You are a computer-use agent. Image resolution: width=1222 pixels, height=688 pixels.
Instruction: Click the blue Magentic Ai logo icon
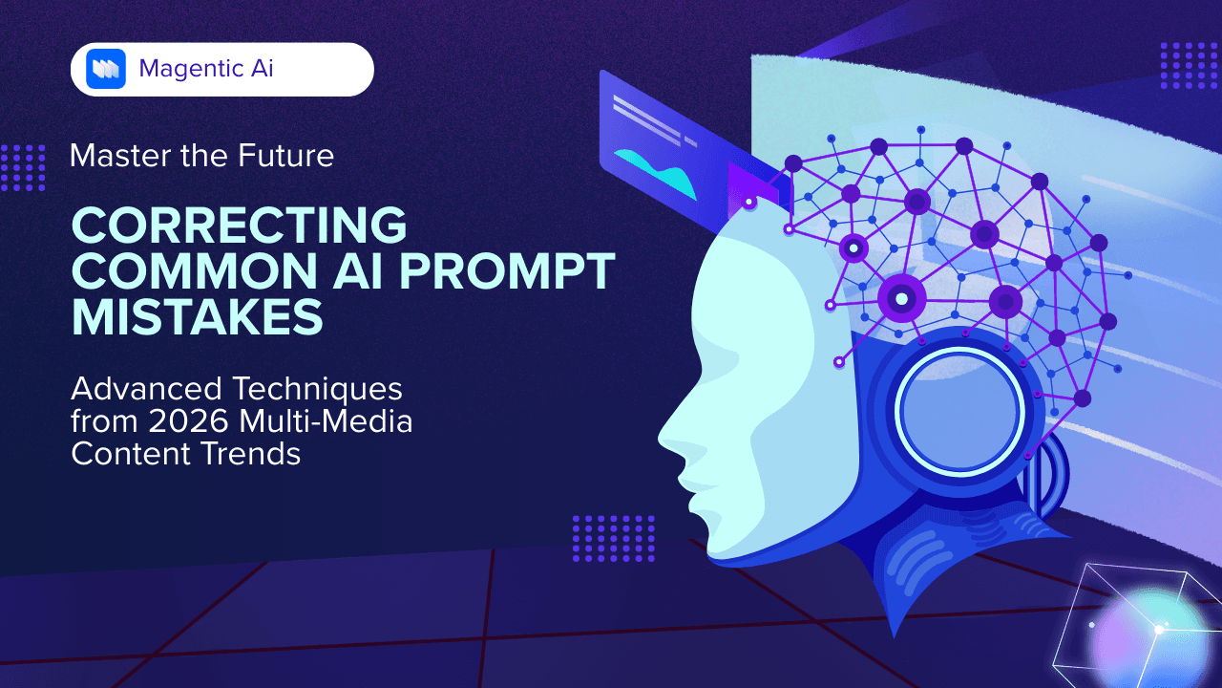click(x=106, y=69)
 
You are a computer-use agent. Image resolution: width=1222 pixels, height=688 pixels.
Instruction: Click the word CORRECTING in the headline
click(x=239, y=226)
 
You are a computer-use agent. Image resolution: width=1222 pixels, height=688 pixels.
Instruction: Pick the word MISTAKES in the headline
click(x=198, y=318)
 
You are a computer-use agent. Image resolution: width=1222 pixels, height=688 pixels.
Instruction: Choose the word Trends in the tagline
click(x=257, y=454)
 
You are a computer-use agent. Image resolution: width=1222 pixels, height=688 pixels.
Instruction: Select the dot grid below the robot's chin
click(x=613, y=538)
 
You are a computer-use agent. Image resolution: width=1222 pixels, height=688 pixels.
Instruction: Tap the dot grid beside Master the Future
click(x=23, y=167)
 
